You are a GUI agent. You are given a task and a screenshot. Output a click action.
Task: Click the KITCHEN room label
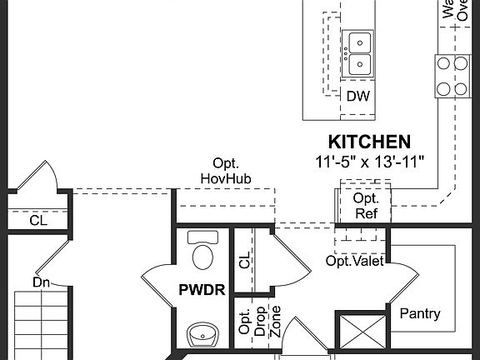[x=368, y=142]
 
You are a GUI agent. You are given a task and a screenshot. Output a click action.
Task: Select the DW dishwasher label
[x=357, y=96]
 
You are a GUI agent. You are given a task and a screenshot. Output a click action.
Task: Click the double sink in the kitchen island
[x=359, y=52]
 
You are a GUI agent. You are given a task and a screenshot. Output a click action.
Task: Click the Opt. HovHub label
[x=226, y=171]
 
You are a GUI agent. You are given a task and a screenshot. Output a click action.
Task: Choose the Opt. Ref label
[x=366, y=205]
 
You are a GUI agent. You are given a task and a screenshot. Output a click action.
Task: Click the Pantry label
[x=420, y=314]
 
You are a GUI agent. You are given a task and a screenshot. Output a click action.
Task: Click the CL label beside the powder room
[x=244, y=261]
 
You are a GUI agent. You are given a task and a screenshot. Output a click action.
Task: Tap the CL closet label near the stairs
[x=38, y=222]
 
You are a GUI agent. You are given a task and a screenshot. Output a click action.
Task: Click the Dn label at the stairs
[x=42, y=282]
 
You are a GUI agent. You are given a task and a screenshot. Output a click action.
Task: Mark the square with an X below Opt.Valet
[x=361, y=332]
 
